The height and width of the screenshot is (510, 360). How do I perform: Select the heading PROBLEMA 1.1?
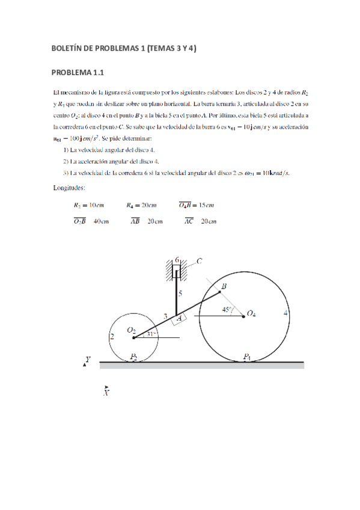pos(78,73)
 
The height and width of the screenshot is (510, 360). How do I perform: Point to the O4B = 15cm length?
pos(196,205)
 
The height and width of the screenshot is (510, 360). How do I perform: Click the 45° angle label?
pos(227,310)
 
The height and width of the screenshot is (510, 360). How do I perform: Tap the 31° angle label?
pos(151,334)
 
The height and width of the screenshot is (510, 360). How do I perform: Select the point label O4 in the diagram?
pos(252,313)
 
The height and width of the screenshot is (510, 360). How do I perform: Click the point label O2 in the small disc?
pos(130,330)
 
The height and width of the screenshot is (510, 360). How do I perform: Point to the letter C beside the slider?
pos(199,260)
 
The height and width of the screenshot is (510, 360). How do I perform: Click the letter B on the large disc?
pos(224,287)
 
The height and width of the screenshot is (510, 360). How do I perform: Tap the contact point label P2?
pos(133,357)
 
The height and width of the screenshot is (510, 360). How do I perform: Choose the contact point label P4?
pos(247,357)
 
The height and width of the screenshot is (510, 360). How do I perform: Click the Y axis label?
pos(88,359)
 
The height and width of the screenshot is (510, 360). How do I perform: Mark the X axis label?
pos(106,393)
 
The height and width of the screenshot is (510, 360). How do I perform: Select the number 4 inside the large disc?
pos(285,313)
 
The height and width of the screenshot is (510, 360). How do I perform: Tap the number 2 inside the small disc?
pos(112,337)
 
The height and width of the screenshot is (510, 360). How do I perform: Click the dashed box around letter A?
pos(178,320)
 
